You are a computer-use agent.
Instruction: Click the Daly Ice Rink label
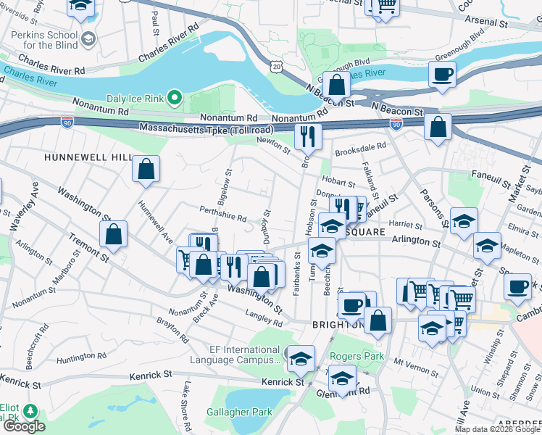coord(135,96)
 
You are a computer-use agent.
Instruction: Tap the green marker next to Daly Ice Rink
coord(175,96)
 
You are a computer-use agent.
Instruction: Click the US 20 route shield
coord(277,66)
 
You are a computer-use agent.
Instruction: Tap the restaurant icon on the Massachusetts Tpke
coord(308,136)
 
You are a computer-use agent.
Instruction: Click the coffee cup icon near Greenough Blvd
coord(442,74)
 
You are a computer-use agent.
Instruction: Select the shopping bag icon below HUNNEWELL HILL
coord(146,170)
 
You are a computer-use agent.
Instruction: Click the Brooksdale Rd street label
coord(360,152)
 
